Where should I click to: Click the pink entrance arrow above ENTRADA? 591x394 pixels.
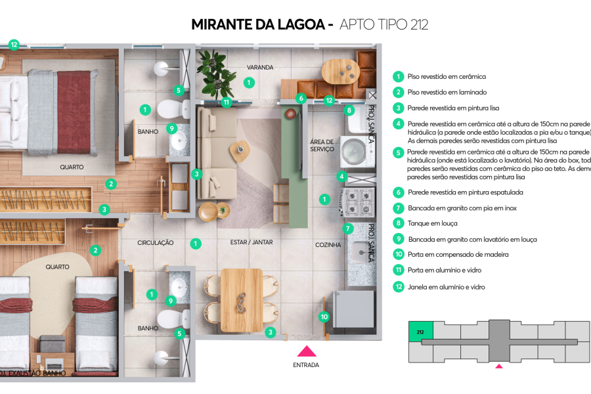click(306, 351)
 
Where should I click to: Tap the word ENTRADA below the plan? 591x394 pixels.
click(306, 364)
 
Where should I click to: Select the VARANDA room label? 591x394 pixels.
click(259, 67)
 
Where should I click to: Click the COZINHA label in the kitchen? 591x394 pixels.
click(328, 245)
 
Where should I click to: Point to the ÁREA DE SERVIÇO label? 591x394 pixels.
click(322, 146)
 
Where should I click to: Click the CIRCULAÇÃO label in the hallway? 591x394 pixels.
click(156, 243)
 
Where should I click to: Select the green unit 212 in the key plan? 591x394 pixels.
click(420, 332)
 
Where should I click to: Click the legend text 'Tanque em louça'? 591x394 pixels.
click(433, 223)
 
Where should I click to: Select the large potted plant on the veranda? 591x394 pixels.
click(216, 72)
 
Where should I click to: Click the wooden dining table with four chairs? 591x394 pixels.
click(241, 299)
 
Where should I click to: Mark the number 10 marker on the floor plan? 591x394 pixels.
click(324, 317)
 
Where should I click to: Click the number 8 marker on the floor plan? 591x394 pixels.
click(349, 110)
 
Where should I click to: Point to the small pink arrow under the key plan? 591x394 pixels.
click(499, 366)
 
